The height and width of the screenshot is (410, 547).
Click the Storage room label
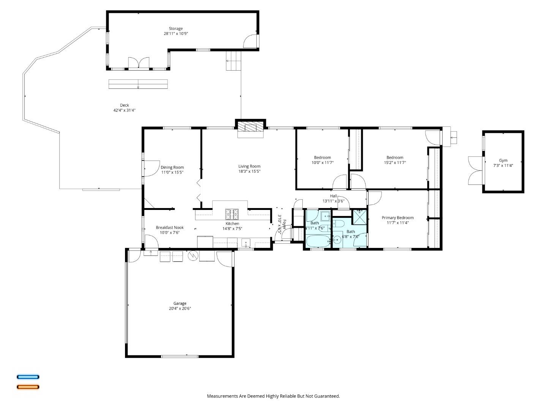tap(175, 28)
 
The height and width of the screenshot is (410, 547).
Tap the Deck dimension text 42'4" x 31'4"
tap(124, 110)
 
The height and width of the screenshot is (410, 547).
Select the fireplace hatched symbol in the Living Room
tap(250, 128)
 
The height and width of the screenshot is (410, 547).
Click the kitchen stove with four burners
tap(232, 214)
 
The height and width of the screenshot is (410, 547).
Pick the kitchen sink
tap(246, 242)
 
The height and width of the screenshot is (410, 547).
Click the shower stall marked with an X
tap(360, 216)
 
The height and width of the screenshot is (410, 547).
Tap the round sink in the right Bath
tap(337, 240)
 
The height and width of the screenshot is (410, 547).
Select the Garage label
tap(180, 303)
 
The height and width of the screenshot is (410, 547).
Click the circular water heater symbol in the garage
tap(193, 256)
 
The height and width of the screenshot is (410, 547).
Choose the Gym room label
tap(503, 160)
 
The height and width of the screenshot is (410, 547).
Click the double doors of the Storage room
tap(138, 63)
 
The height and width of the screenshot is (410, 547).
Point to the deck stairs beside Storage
tap(234, 61)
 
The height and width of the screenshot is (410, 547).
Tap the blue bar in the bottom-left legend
tap(28, 377)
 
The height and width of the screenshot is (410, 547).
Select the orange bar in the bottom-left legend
tap(28, 387)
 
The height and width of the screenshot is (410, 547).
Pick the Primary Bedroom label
tap(397, 218)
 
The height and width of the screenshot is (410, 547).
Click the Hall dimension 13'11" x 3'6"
tap(333, 201)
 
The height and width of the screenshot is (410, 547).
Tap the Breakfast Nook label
tap(169, 228)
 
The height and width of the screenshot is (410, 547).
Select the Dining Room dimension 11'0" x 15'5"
tap(172, 172)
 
